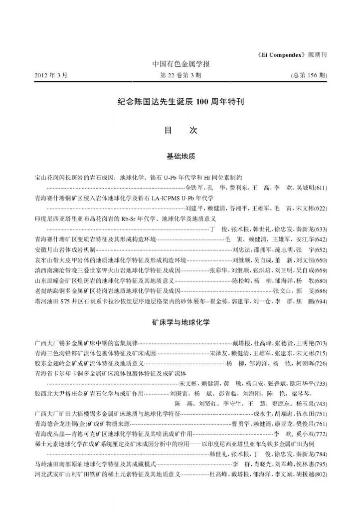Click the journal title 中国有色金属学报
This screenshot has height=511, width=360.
[180, 64]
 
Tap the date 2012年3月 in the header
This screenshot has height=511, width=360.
[50, 75]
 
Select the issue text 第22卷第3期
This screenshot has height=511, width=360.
[180, 75]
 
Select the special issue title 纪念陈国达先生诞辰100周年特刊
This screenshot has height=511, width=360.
[180, 102]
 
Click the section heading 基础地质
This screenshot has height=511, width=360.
[180, 157]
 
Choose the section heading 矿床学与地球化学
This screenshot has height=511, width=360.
[180, 322]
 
